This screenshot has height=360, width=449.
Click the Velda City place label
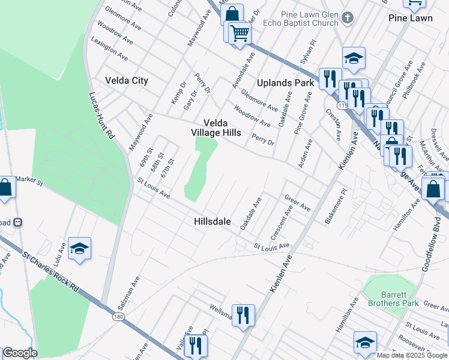click(x=126, y=80)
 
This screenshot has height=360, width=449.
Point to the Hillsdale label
click(x=212, y=221)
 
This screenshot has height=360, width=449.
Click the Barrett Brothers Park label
click(x=393, y=299)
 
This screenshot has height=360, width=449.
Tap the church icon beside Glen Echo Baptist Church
click(x=348, y=18)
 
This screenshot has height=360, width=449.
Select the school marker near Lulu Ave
click(x=79, y=249)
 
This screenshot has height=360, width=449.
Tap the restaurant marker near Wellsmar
click(x=243, y=314)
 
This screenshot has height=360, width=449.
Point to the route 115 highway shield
click(x=343, y=106)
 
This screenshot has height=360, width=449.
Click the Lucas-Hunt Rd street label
click(x=101, y=116)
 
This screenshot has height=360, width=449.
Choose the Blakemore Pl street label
click(x=336, y=207)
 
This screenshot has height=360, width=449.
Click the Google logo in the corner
click(x=20, y=353)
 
